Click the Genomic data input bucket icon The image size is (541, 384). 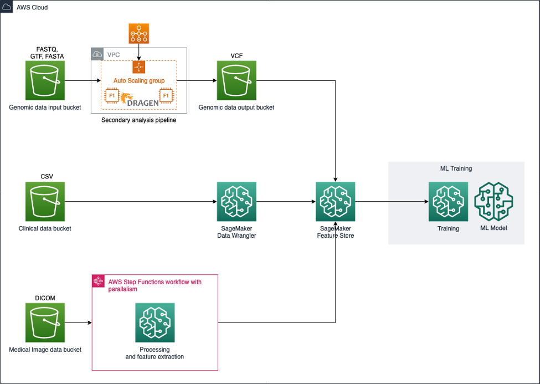click(45, 80)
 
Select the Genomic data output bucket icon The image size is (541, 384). click(236, 80)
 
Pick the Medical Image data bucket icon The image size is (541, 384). click(45, 322)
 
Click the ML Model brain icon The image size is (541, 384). click(493, 202)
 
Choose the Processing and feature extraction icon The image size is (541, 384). click(155, 322)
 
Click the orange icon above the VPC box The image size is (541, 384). click(138, 34)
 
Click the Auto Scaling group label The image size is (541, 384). click(139, 80)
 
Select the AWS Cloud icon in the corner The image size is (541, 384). click(8, 8)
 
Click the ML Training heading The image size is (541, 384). click(456, 168)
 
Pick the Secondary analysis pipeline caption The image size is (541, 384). click(138, 120)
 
